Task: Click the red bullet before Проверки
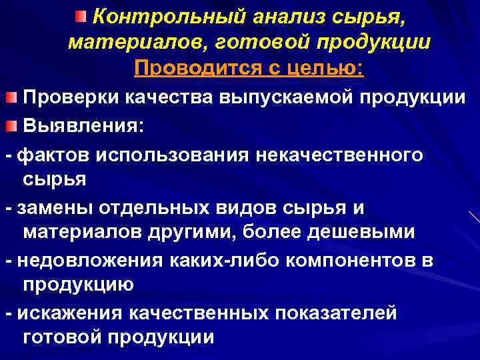click(x=12, y=99)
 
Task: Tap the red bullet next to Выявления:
click(x=12, y=126)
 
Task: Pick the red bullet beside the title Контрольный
click(x=80, y=15)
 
